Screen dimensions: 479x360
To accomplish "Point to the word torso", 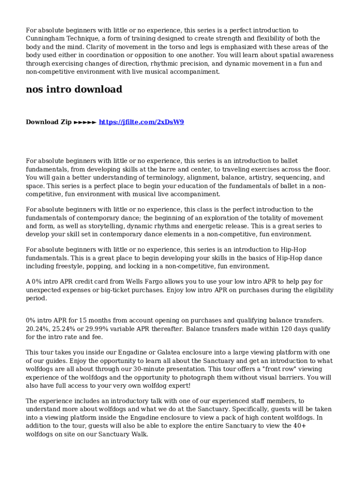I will [166, 47].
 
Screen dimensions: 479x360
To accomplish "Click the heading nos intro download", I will [74, 89].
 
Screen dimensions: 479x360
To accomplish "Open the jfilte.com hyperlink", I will [141, 122].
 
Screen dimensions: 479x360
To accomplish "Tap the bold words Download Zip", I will [49, 122].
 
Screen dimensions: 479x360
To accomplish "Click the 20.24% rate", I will [37, 329].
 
